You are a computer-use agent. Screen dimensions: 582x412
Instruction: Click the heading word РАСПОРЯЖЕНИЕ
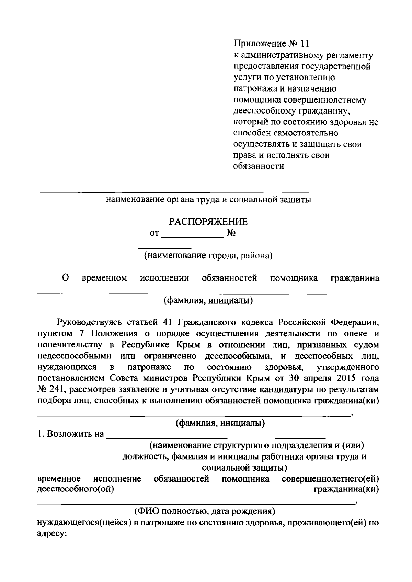pyautogui.click(x=208, y=222)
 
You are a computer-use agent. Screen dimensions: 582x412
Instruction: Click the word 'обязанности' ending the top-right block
pyautogui.click(x=259, y=167)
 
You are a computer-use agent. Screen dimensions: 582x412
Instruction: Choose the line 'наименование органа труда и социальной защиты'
pyautogui.click(x=208, y=200)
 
